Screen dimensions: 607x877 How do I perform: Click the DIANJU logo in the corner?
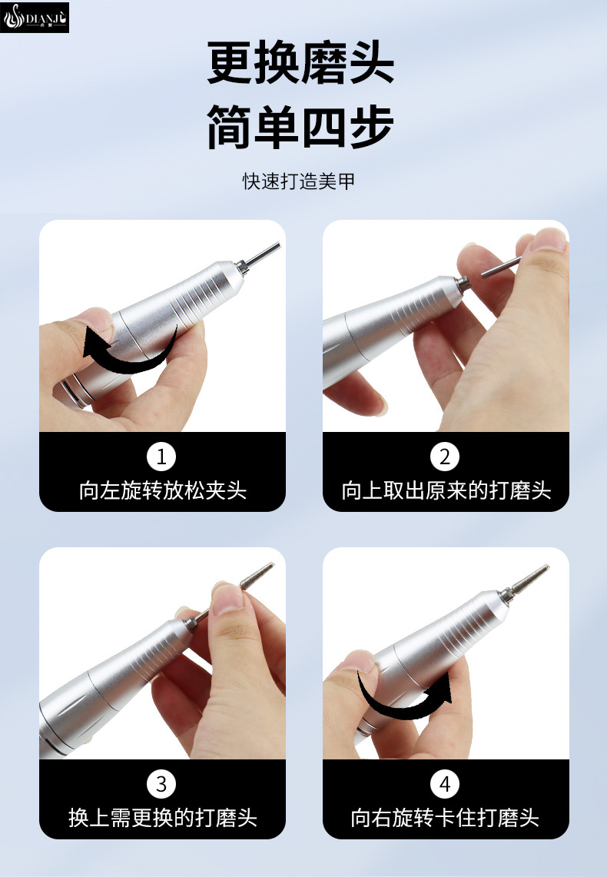pyautogui.click(x=35, y=18)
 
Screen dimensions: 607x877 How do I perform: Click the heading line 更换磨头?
pyautogui.click(x=300, y=63)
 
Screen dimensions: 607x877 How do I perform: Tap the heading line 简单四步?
pyautogui.click(x=300, y=126)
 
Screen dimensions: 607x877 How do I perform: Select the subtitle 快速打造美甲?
pyautogui.click(x=298, y=181)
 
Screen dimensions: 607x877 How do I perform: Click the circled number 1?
pyautogui.click(x=161, y=457)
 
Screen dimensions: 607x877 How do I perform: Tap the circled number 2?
pyautogui.click(x=445, y=457)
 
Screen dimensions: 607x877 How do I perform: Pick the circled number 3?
pyautogui.click(x=161, y=784)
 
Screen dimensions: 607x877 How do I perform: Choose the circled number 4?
pyautogui.click(x=445, y=784)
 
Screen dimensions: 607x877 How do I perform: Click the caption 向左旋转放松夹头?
pyautogui.click(x=163, y=490)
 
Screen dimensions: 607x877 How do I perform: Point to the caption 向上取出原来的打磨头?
pyautogui.click(x=446, y=490)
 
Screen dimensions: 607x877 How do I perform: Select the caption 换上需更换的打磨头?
pyautogui.click(x=163, y=818)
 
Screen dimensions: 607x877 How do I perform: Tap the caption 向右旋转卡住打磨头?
pyautogui.click(x=445, y=818)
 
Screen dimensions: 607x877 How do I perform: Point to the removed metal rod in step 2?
pyautogui.click(x=501, y=267)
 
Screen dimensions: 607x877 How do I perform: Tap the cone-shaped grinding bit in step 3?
pyautogui.click(x=257, y=576)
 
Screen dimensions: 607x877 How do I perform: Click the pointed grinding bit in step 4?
pyautogui.click(x=529, y=579)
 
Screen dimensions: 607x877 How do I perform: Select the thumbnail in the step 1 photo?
pyautogui.click(x=95, y=318)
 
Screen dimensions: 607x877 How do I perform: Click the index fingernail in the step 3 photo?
pyautogui.click(x=228, y=598)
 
